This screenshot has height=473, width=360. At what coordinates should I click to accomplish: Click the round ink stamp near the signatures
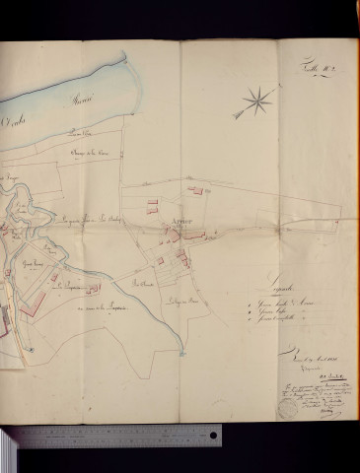click(x=286, y=406)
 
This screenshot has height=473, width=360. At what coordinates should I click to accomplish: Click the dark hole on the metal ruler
click(x=212, y=436)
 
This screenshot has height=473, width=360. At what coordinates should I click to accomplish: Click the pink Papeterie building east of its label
click(x=94, y=288)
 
